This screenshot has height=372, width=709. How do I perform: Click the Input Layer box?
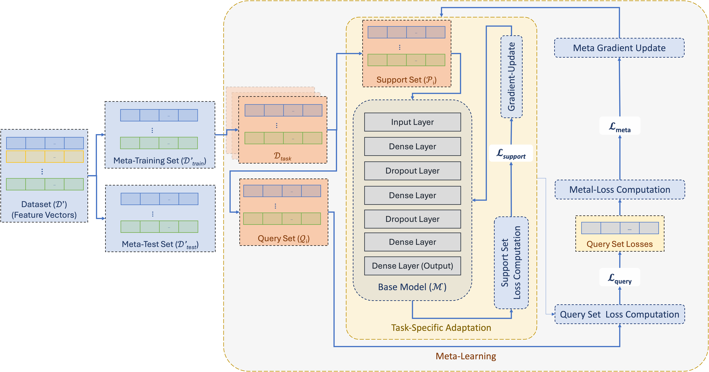412,122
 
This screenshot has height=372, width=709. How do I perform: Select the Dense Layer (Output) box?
412,266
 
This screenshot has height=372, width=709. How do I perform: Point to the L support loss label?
511,153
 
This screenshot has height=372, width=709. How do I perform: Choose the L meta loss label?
620,126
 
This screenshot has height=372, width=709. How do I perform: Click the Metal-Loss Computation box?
620,190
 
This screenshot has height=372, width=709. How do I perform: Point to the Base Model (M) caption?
412,287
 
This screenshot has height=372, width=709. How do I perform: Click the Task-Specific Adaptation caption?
441,328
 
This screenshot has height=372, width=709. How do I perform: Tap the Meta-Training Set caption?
160,161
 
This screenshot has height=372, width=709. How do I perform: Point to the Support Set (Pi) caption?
406,80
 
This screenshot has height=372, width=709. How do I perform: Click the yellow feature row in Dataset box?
45,156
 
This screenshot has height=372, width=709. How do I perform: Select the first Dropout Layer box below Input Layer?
412,171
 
